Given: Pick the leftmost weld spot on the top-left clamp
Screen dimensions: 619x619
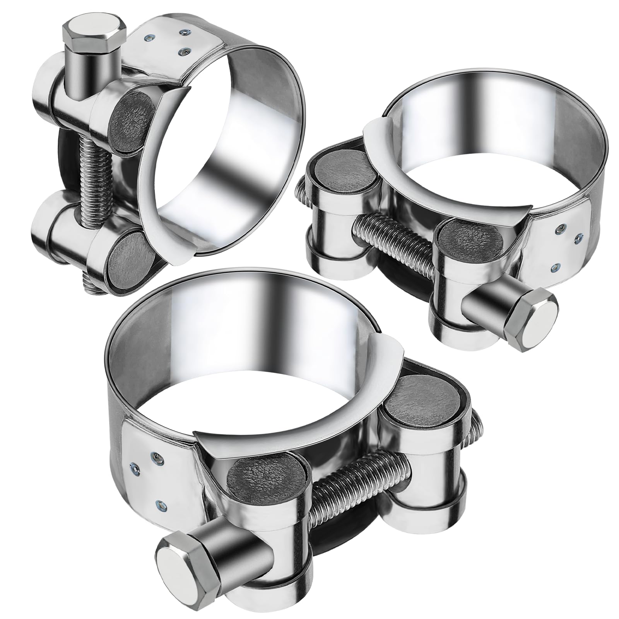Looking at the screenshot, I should (148, 38).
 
